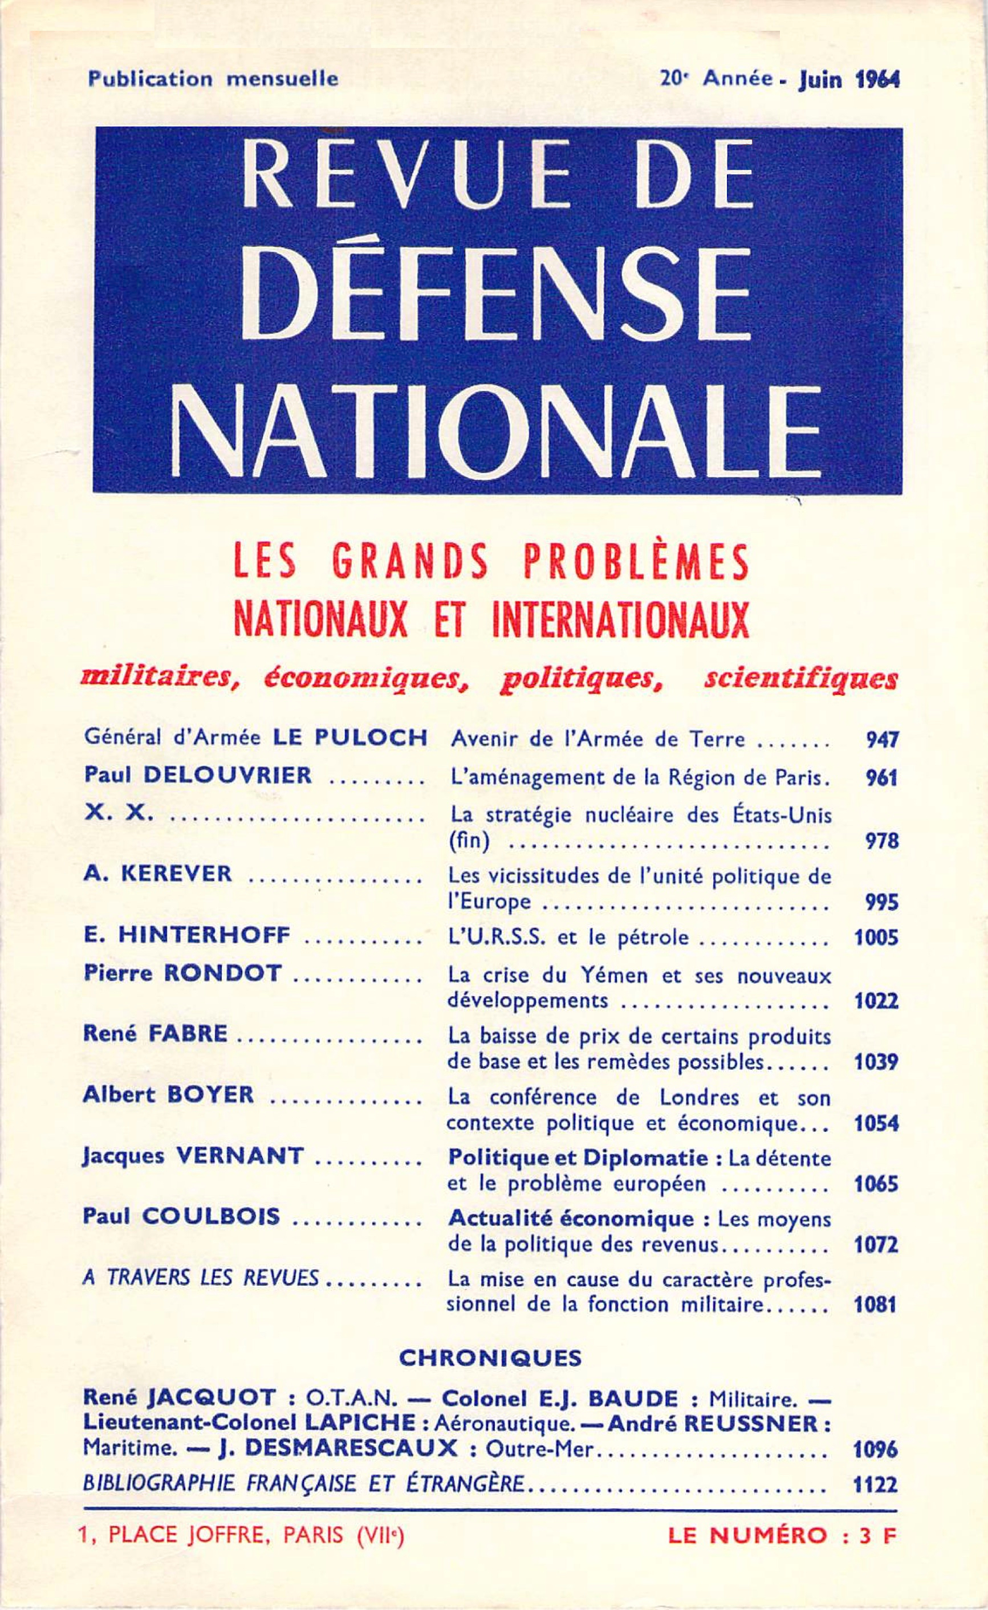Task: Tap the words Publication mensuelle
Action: click(x=213, y=79)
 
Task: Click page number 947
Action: click(x=882, y=739)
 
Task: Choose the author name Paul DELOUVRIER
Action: click(x=197, y=775)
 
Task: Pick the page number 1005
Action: click(x=876, y=938)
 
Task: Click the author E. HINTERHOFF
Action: click(x=187, y=935)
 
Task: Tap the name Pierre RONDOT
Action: click(x=183, y=973)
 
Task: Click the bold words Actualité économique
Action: click(x=571, y=1218)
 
